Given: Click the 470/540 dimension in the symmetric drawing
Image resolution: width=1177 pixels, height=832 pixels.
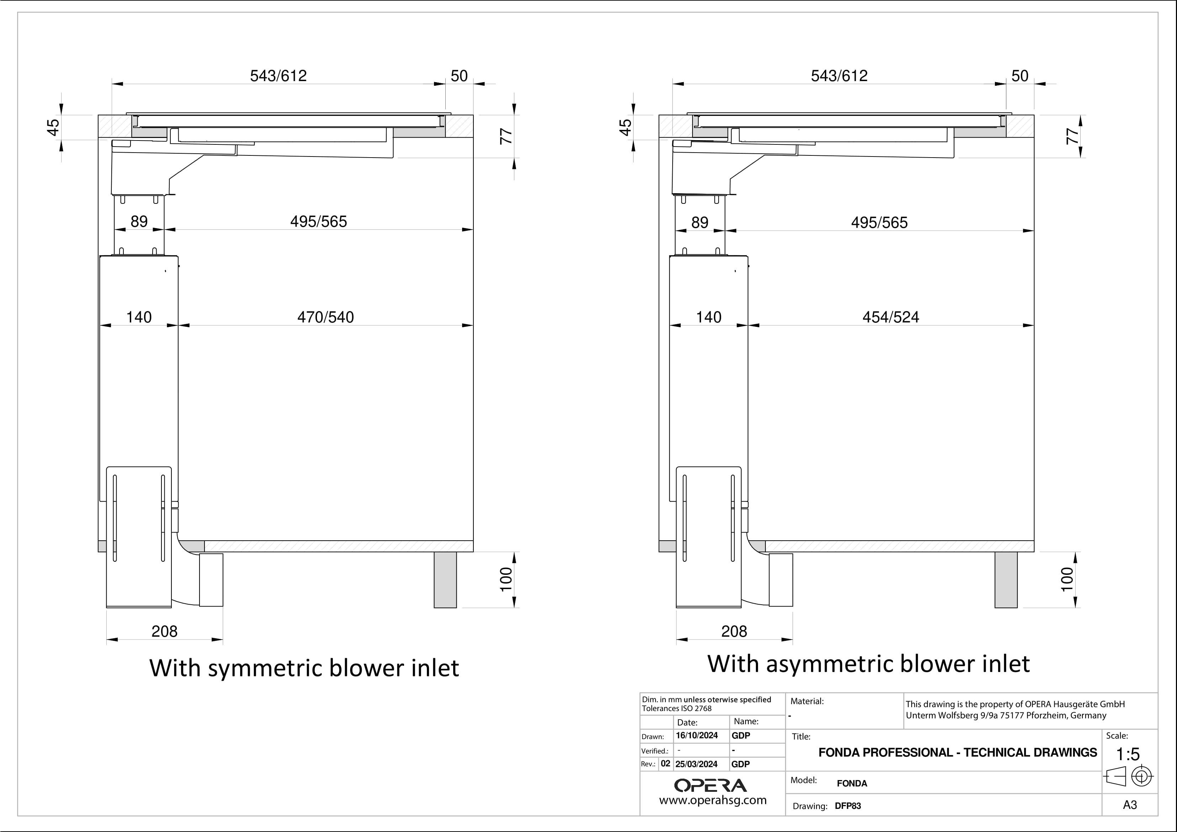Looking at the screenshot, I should (x=325, y=317).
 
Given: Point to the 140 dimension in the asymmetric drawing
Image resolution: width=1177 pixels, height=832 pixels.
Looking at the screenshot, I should (x=709, y=317).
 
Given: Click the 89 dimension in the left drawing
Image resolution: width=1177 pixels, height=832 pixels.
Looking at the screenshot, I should (x=139, y=222).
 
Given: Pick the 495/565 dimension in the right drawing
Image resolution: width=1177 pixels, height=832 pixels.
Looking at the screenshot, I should (x=879, y=222).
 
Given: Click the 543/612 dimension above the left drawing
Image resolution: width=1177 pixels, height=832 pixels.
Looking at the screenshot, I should (x=279, y=76).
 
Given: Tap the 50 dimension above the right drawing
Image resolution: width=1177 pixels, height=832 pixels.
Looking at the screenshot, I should (x=1020, y=76).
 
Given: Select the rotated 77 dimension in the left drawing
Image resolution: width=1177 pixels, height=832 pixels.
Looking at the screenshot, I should (x=506, y=136).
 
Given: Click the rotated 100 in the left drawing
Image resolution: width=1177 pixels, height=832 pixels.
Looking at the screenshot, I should (x=506, y=579).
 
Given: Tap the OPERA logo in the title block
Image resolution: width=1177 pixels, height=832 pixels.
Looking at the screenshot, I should (x=711, y=785).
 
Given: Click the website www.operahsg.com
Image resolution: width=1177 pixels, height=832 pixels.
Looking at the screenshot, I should (x=712, y=800).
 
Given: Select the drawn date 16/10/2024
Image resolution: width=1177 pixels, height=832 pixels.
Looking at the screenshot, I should (x=697, y=736).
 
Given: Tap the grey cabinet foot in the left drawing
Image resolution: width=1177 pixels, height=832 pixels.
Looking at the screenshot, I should (x=445, y=580).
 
